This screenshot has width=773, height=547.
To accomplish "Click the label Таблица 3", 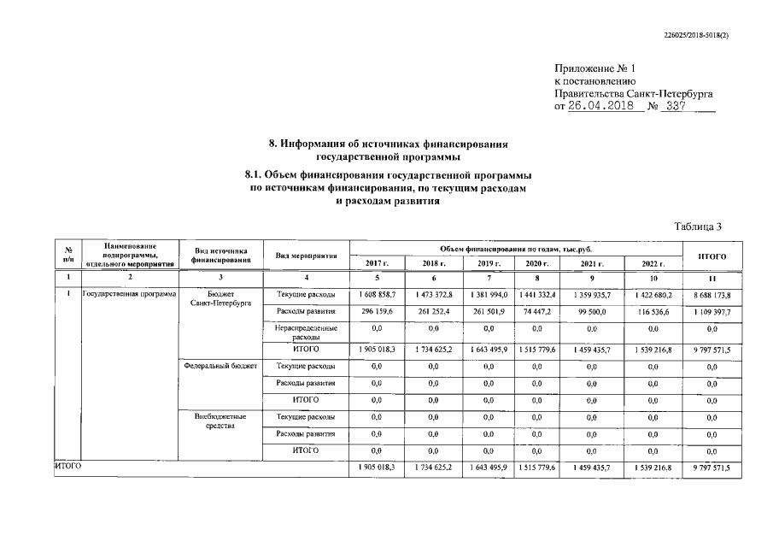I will point(698,226).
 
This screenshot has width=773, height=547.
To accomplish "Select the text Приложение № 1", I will point(595,67).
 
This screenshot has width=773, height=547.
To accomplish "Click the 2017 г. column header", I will point(377,262).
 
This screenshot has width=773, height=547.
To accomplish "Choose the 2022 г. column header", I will point(653,263).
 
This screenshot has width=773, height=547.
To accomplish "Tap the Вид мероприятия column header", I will point(306,256).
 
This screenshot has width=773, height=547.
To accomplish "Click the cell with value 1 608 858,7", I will point(377,294).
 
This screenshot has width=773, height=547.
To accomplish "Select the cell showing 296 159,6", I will point(377,311).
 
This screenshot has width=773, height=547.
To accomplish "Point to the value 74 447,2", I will point(536,311).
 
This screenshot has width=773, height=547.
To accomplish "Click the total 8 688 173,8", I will point(712,294).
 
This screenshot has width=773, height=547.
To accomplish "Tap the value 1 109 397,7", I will point(712,311).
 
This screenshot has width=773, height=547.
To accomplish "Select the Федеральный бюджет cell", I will point(220,366).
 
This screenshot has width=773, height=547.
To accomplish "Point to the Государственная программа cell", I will point(128,294).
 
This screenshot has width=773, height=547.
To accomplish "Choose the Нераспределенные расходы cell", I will point(306,332).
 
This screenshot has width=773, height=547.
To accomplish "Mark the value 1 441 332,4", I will point(536,294).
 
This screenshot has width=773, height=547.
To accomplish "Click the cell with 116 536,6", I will point(653,311).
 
